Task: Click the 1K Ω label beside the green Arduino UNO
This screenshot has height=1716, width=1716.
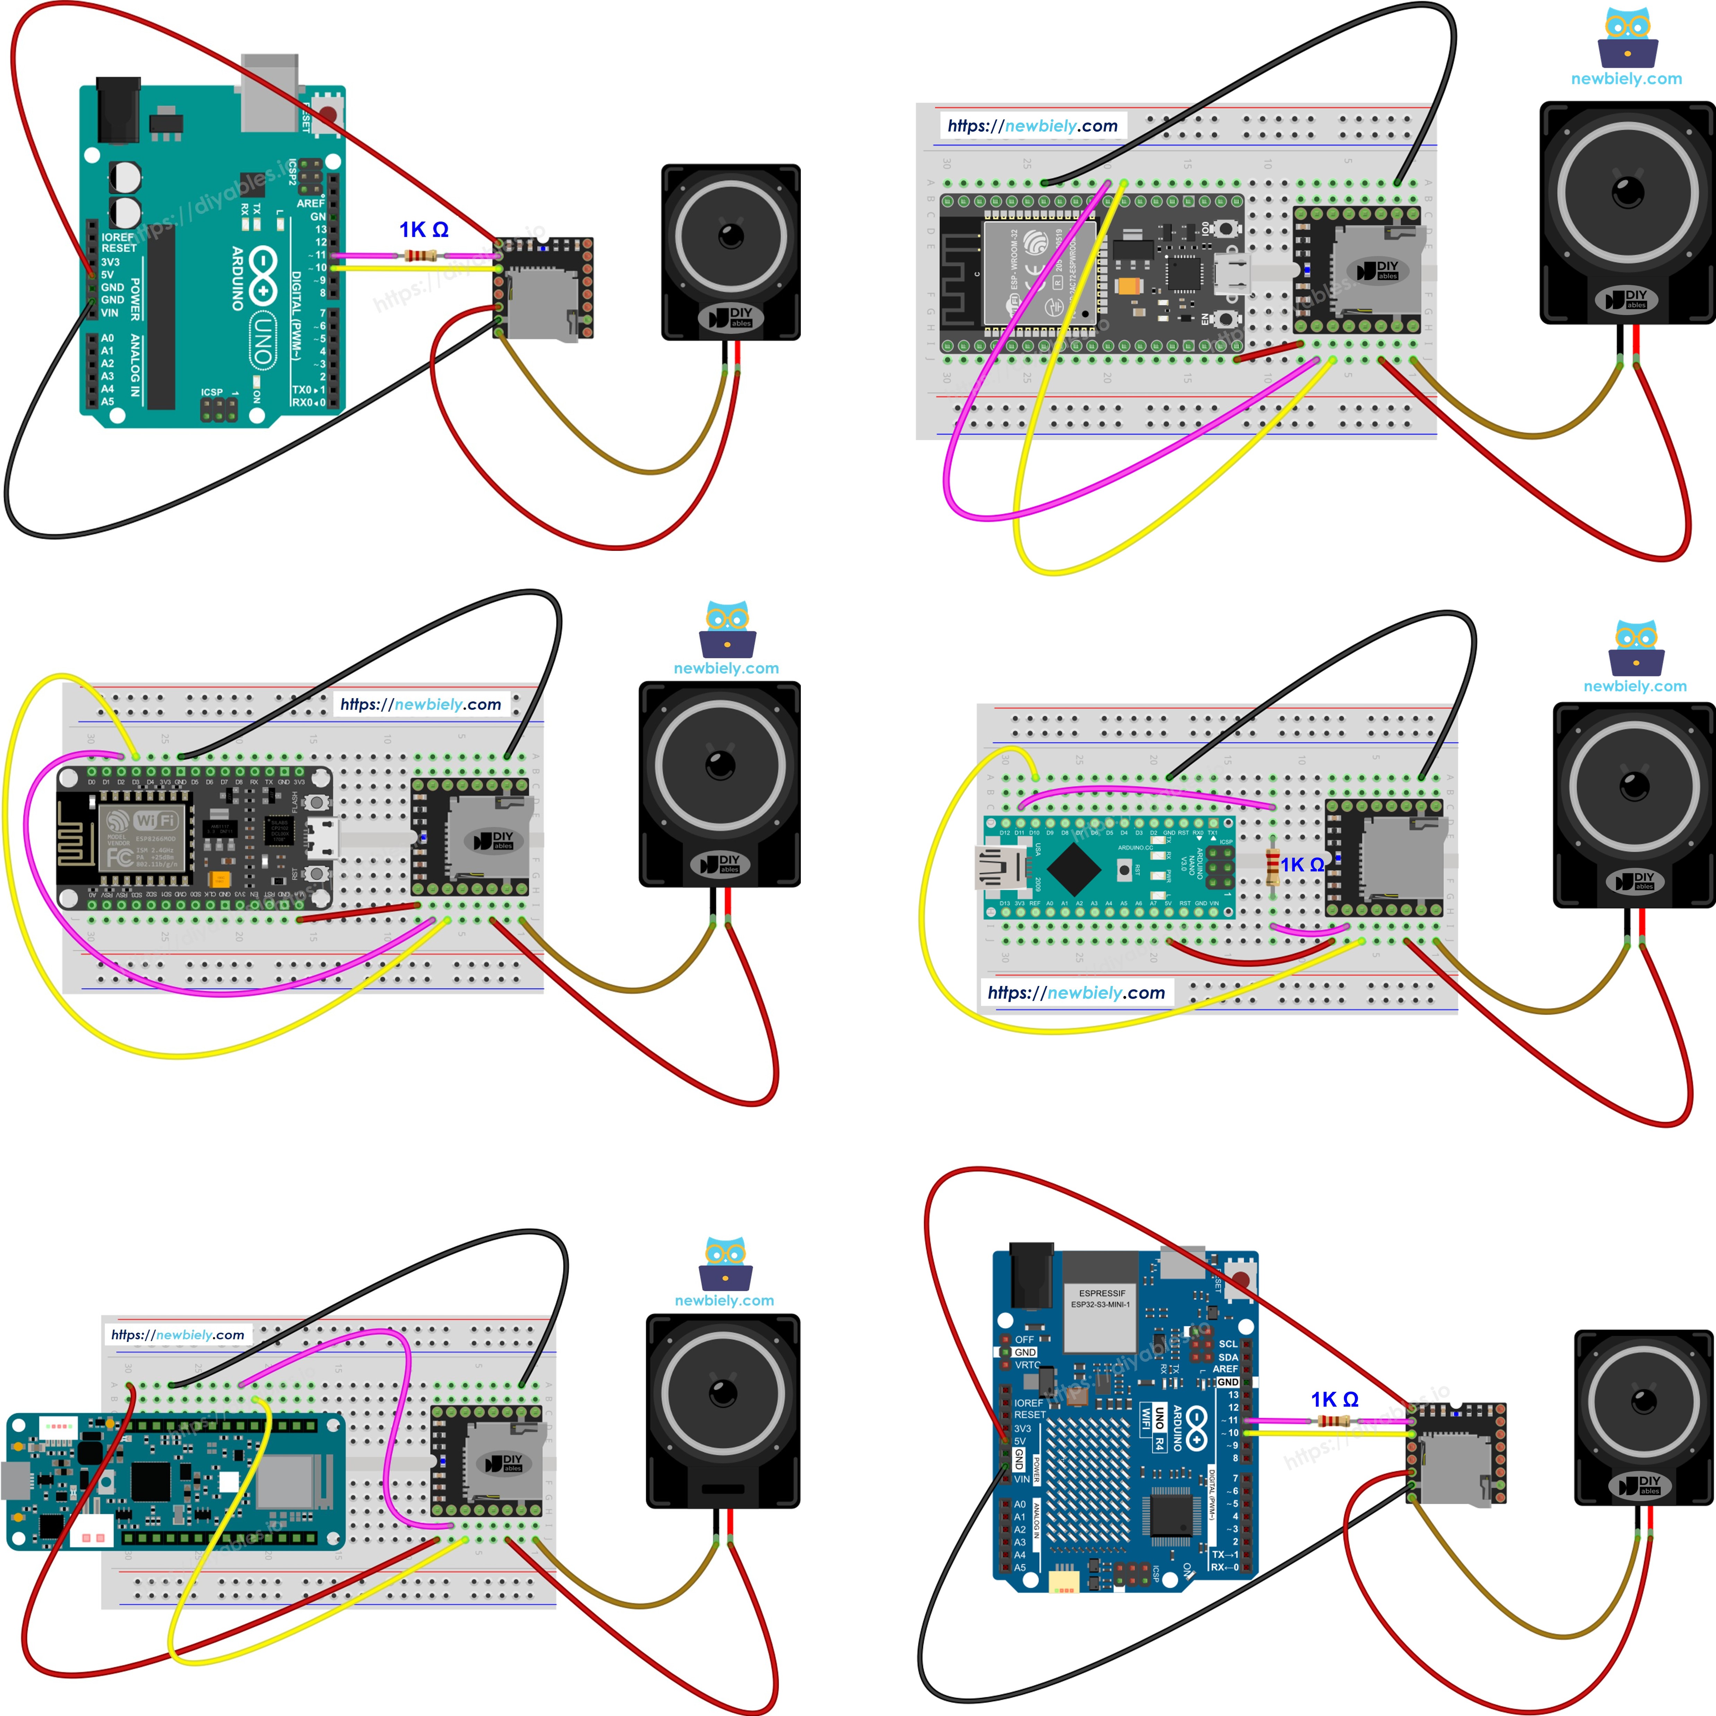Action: [424, 230]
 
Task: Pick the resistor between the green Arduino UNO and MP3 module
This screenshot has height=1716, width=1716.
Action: [420, 257]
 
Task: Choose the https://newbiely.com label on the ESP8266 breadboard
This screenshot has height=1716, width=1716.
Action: [421, 704]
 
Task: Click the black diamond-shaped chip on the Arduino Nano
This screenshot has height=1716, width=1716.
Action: [1074, 868]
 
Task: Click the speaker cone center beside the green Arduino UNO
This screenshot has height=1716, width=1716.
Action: [731, 236]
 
